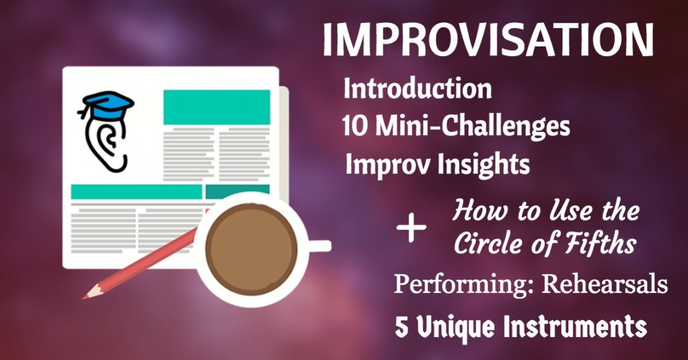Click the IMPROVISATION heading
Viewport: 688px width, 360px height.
pyautogui.click(x=488, y=40)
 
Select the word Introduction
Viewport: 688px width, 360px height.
pyautogui.click(x=417, y=89)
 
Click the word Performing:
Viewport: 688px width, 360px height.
pyautogui.click(x=464, y=284)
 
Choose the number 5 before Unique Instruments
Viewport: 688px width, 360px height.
pyautogui.click(x=401, y=327)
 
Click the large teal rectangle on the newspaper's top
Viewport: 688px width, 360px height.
pyautogui.click(x=217, y=106)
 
